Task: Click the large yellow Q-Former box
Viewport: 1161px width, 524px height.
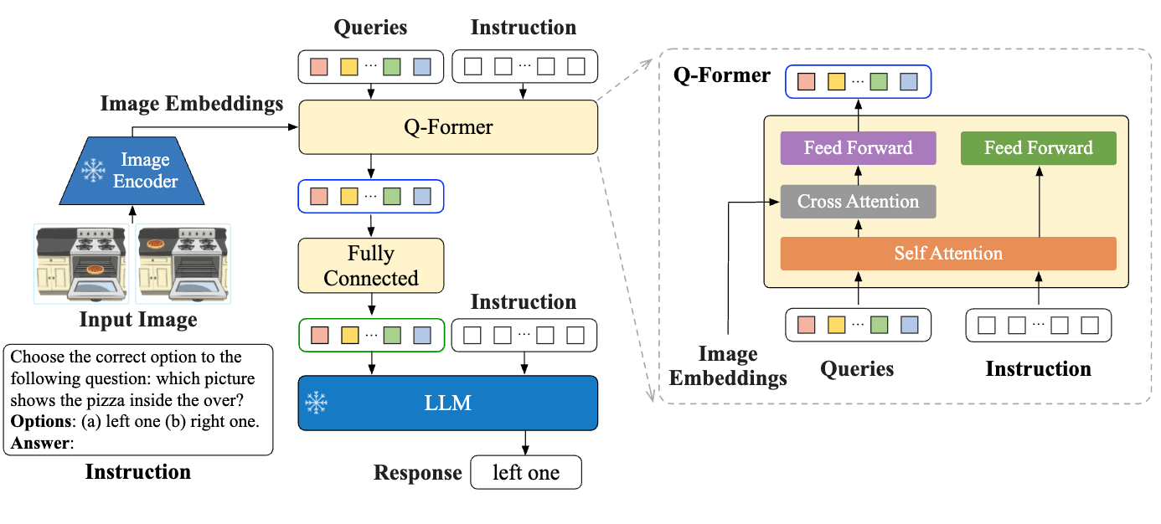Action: click(448, 127)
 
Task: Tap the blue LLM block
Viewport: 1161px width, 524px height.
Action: click(448, 403)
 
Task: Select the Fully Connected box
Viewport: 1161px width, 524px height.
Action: click(371, 266)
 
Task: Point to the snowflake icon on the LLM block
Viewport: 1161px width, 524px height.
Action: click(316, 403)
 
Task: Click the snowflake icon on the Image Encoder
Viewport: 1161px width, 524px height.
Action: click(92, 171)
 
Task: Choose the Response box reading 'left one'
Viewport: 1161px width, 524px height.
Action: click(526, 473)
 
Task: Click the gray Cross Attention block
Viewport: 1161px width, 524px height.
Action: click(858, 202)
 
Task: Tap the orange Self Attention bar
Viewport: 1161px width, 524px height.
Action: click(947, 254)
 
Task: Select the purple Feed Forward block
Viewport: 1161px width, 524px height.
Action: click(858, 148)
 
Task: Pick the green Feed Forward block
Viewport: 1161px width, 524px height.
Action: click(1038, 148)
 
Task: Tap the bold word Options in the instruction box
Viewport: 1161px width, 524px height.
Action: click(39, 422)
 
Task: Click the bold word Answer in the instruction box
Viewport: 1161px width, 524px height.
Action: click(39, 442)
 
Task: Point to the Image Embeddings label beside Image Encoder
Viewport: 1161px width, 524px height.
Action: click(191, 104)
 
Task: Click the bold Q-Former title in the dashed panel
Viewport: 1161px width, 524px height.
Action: click(721, 75)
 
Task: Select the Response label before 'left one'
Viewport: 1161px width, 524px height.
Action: click(417, 473)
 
